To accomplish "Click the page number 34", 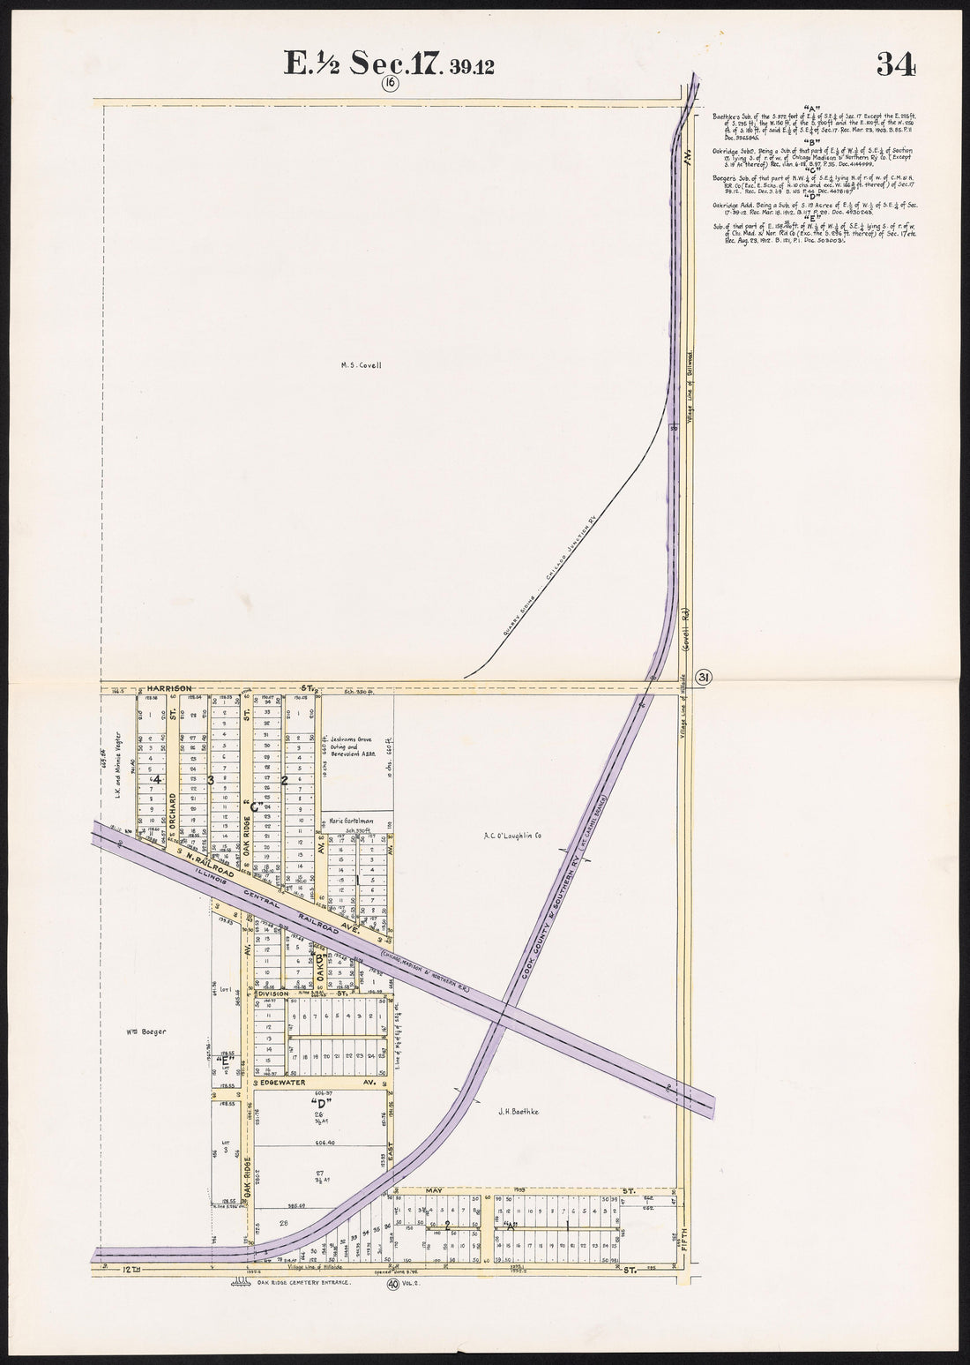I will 896,64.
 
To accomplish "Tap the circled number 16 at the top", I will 391,84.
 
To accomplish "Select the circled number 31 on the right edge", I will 705,676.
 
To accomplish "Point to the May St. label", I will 434,1190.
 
